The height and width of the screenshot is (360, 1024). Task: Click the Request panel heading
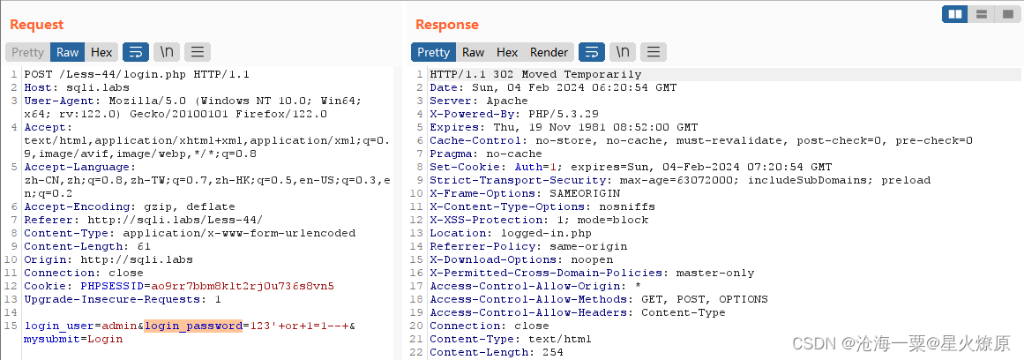36,25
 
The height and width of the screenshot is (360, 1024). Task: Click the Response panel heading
446,25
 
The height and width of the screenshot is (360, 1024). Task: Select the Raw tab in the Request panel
68,53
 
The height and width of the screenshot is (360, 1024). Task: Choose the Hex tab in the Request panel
101,53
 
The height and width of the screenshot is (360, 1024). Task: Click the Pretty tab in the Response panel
433,53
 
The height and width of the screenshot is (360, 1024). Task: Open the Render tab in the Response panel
549,53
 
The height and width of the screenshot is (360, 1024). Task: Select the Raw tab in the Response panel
474,53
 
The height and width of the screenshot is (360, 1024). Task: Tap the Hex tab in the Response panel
507,53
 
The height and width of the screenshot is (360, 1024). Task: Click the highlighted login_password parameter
193,326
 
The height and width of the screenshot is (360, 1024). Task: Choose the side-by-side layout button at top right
954,14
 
